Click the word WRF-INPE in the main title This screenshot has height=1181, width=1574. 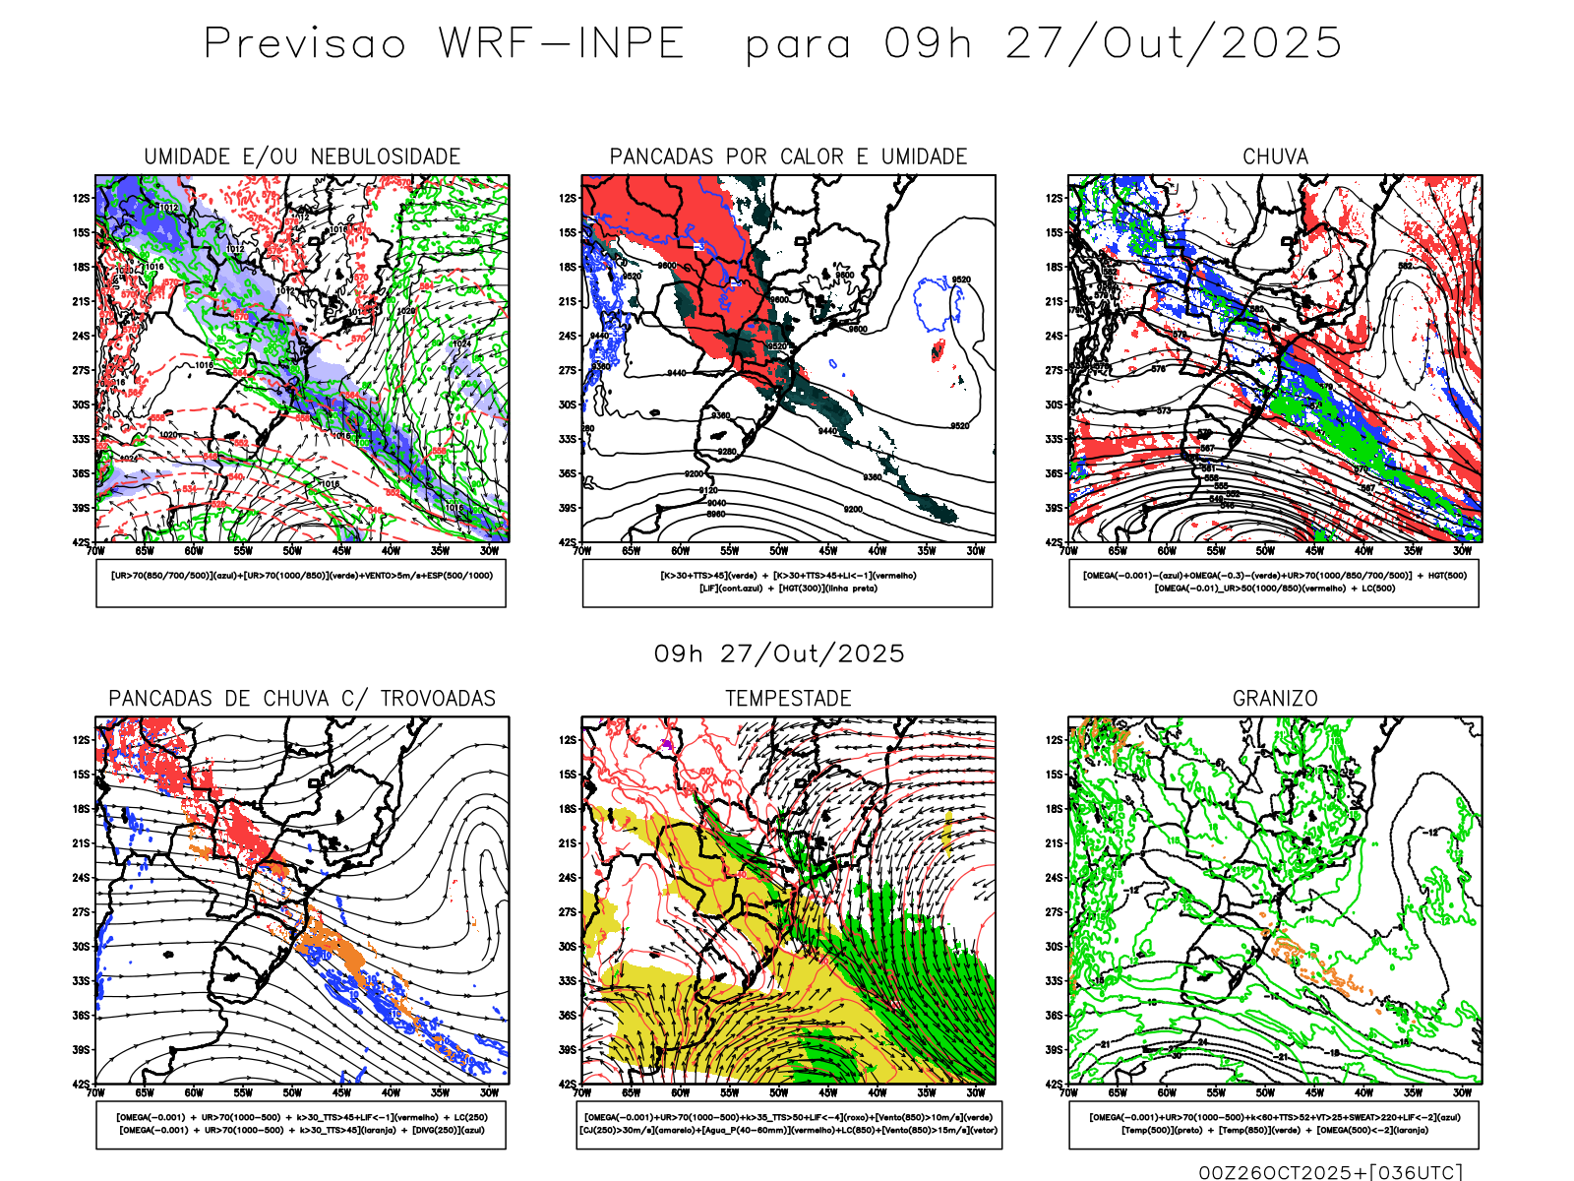(x=561, y=44)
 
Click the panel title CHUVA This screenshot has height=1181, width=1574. (x=1275, y=156)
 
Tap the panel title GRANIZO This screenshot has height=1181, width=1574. (x=1275, y=699)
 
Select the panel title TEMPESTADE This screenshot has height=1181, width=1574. (x=788, y=699)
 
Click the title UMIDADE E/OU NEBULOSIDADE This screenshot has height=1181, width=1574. (x=302, y=156)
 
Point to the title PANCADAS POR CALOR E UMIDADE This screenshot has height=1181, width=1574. (x=788, y=156)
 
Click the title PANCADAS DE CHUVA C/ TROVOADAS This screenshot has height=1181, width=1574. (x=302, y=699)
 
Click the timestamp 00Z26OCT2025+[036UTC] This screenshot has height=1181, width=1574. (x=1330, y=1171)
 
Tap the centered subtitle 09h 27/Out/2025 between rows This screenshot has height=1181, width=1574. (x=779, y=653)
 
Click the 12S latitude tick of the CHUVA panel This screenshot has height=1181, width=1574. (x=1055, y=198)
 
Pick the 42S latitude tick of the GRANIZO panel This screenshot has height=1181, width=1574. (x=1055, y=1085)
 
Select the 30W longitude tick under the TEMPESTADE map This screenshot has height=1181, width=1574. (x=976, y=1092)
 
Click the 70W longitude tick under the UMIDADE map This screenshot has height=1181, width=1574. (x=95, y=551)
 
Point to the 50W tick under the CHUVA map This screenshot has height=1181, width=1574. (x=1265, y=551)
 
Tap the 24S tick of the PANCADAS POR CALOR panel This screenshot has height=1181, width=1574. (x=568, y=336)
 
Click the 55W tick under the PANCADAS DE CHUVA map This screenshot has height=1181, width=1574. (x=243, y=1092)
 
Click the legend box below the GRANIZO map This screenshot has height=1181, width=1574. (x=1274, y=1124)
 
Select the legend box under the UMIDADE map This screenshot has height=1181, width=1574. (x=301, y=583)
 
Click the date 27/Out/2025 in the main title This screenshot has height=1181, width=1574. (x=1174, y=44)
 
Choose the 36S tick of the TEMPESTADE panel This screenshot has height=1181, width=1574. (x=568, y=1016)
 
